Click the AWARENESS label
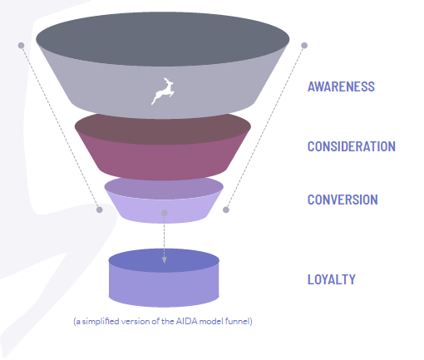pyautogui.click(x=341, y=86)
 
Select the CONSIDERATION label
pyautogui.click(x=352, y=146)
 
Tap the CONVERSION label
pyautogui.click(x=343, y=200)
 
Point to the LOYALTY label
pyautogui.click(x=332, y=279)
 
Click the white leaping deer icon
pyautogui.click(x=163, y=91)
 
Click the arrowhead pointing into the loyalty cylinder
pyautogui.click(x=164, y=260)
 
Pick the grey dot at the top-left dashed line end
pyautogui.click(x=21, y=46)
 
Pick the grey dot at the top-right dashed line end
pyautogui.click(x=304, y=46)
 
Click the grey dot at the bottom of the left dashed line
pyautogui.click(x=100, y=210)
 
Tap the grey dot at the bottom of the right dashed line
pyautogui.click(x=226, y=210)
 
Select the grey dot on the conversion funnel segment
pyautogui.click(x=164, y=213)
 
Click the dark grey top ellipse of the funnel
pyautogui.click(x=163, y=39)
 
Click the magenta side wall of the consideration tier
pyautogui.click(x=163, y=160)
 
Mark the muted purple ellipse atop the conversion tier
pyautogui.click(x=164, y=189)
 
